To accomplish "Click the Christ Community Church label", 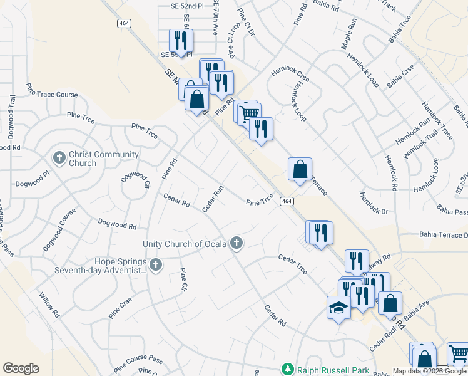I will pyautogui.click(x=95, y=159).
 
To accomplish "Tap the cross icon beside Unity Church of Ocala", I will pyautogui.click(x=236, y=243).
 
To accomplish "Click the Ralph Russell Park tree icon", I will pyautogui.click(x=288, y=370).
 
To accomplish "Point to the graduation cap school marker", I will pyautogui.click(x=338, y=308).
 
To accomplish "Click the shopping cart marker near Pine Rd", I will pyautogui.click(x=249, y=113).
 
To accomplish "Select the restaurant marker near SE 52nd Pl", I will pyautogui.click(x=181, y=41).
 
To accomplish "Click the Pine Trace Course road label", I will pyautogui.click(x=51, y=95).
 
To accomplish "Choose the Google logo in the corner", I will pyautogui.click(x=21, y=368).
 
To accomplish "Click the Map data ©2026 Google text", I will pyautogui.click(x=429, y=371).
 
